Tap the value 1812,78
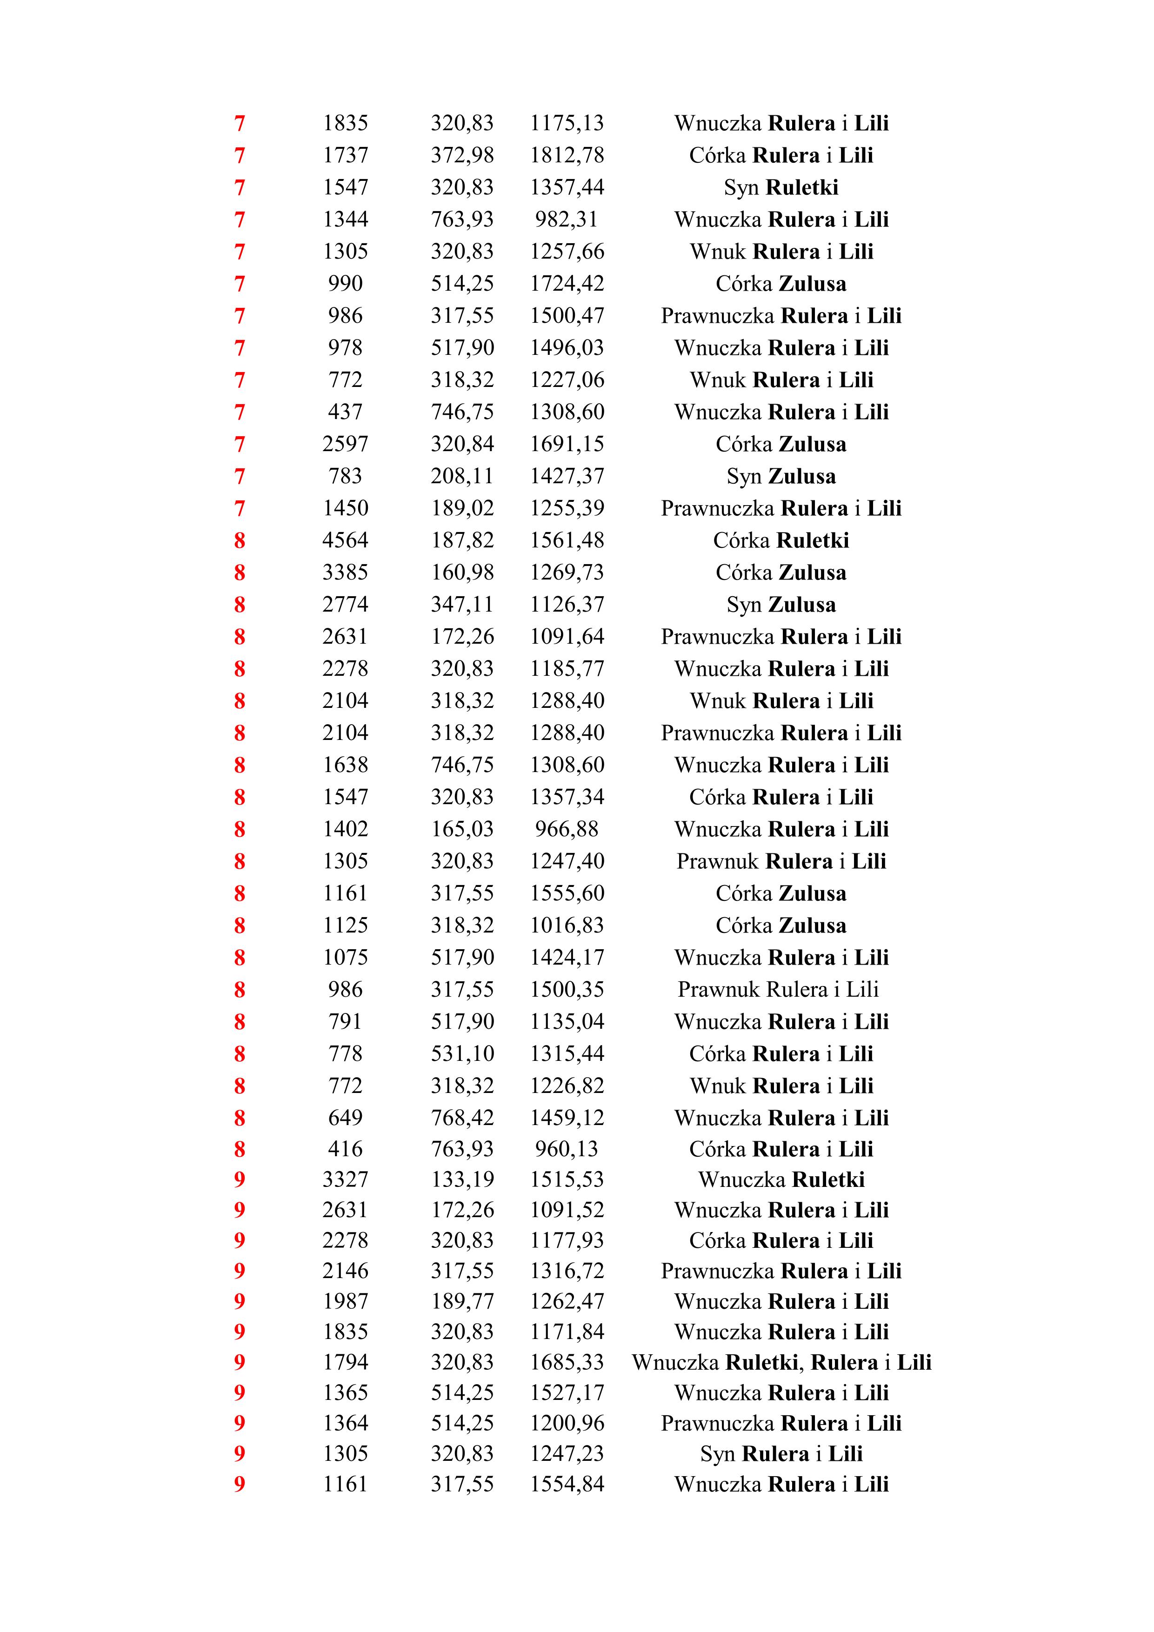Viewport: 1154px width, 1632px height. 567,155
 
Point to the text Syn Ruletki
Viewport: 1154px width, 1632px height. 780,187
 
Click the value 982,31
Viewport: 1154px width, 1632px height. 567,220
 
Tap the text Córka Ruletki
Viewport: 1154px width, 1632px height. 780,541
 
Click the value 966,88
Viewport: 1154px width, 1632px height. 567,829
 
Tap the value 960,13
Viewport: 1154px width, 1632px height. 567,1149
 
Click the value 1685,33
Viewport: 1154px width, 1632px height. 567,1362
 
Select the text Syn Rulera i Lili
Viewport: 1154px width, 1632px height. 780,1453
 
